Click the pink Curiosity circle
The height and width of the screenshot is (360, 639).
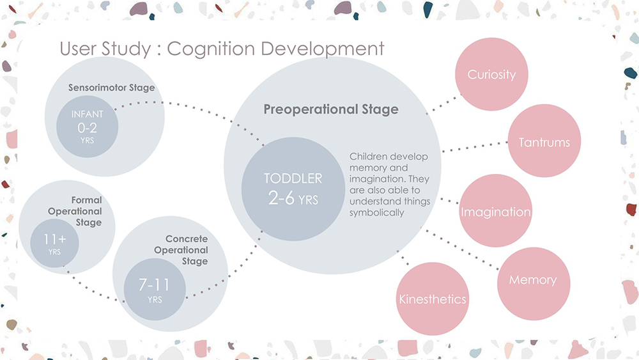pyautogui.click(x=491, y=75)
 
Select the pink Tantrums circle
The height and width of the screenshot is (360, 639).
pyautogui.click(x=544, y=141)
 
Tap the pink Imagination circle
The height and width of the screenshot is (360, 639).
pyautogui.click(x=495, y=211)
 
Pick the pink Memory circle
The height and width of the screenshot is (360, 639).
pyautogui.click(x=533, y=280)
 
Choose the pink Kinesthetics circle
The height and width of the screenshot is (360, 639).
pyautogui.click(x=433, y=299)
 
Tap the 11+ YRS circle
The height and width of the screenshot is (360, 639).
pyautogui.click(x=54, y=244)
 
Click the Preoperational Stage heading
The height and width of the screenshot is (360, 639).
pyautogui.click(x=331, y=109)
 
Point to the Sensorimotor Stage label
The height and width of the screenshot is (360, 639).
pyautogui.click(x=111, y=87)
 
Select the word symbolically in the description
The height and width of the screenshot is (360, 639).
pyautogui.click(x=377, y=212)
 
